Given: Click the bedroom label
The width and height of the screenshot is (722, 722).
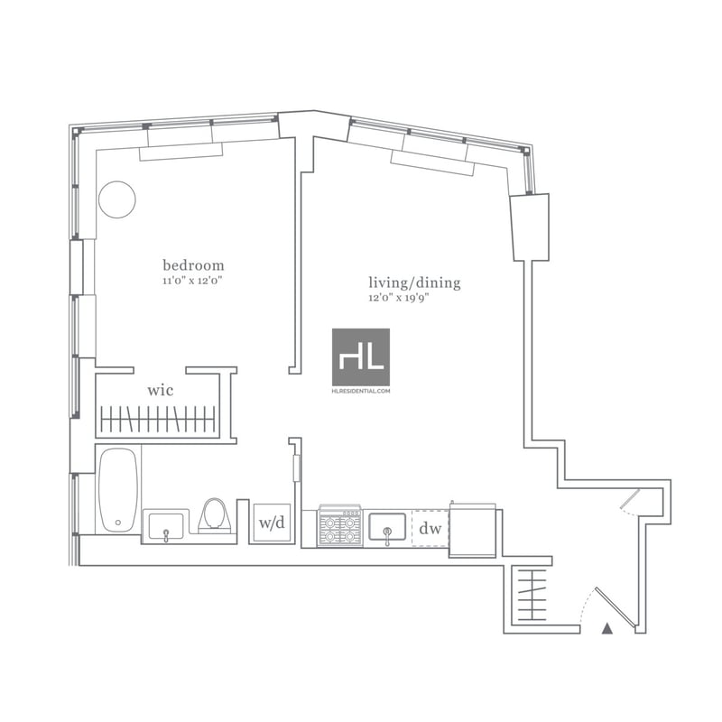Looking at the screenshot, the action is click(193, 265).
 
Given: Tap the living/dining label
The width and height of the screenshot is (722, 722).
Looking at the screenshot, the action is click(414, 282).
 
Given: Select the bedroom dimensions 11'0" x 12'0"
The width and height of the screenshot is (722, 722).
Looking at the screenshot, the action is click(193, 281).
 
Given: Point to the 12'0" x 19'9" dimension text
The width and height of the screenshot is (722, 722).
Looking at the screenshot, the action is click(399, 298).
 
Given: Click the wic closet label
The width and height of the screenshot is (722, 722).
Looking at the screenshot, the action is click(161, 391).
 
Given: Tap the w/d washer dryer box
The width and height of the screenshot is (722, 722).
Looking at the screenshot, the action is click(272, 523).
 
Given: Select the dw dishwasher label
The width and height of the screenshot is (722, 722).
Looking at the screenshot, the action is click(430, 529).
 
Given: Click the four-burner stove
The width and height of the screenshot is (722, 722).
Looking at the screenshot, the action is click(340, 526).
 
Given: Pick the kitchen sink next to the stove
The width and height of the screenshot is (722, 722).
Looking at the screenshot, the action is click(387, 527).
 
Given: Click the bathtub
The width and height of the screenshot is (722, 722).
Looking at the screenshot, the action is click(118, 490).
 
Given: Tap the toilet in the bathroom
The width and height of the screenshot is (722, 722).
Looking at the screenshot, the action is click(215, 514).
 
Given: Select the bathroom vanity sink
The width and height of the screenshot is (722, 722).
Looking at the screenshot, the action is click(166, 526).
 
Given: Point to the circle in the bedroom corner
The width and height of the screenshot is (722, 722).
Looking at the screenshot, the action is click(117, 199).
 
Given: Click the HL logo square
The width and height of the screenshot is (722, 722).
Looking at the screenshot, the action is click(361, 356).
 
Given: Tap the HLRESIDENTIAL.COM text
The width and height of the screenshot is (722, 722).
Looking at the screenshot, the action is click(361, 391).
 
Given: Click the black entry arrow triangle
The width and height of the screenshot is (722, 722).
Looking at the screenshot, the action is click(607, 628).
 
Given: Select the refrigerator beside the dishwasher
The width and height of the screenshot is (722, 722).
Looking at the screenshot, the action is click(472, 531).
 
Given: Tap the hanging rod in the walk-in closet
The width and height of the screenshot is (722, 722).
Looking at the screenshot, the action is click(158, 419).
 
